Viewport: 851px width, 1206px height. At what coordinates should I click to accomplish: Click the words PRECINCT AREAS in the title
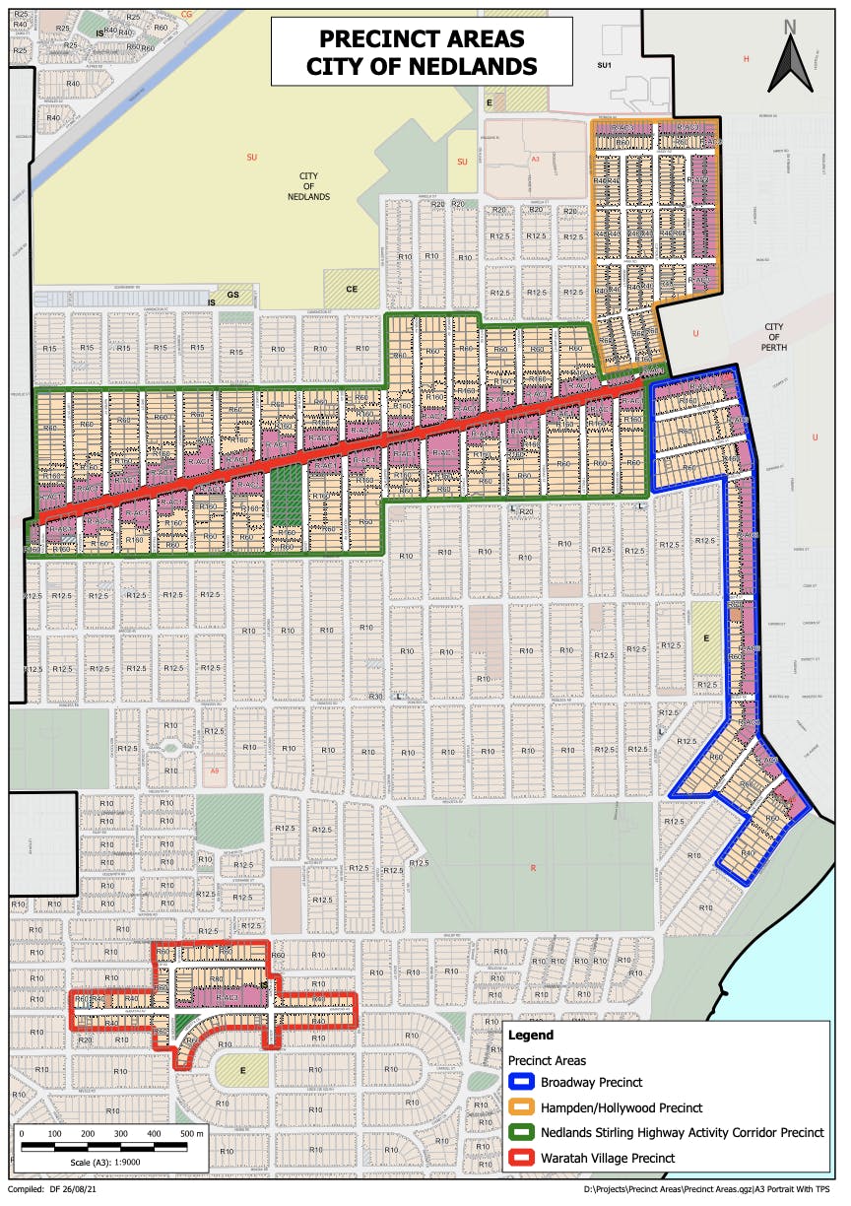[x=421, y=39]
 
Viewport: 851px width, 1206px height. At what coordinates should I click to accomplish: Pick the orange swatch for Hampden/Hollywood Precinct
[x=522, y=1108]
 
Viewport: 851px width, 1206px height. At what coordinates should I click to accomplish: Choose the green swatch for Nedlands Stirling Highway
[x=522, y=1133]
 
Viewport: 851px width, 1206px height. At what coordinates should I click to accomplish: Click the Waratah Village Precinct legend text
[x=608, y=1158]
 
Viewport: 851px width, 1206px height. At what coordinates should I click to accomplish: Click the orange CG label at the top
[x=187, y=15]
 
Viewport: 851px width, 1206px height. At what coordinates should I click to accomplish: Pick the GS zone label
[x=233, y=295]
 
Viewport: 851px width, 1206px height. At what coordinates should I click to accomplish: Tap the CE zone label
[x=351, y=289]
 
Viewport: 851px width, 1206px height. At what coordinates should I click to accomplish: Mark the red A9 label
[x=216, y=770]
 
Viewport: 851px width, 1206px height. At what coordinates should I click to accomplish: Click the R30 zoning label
[x=374, y=697]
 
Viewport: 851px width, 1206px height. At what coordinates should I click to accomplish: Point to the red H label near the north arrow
[x=747, y=59]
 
